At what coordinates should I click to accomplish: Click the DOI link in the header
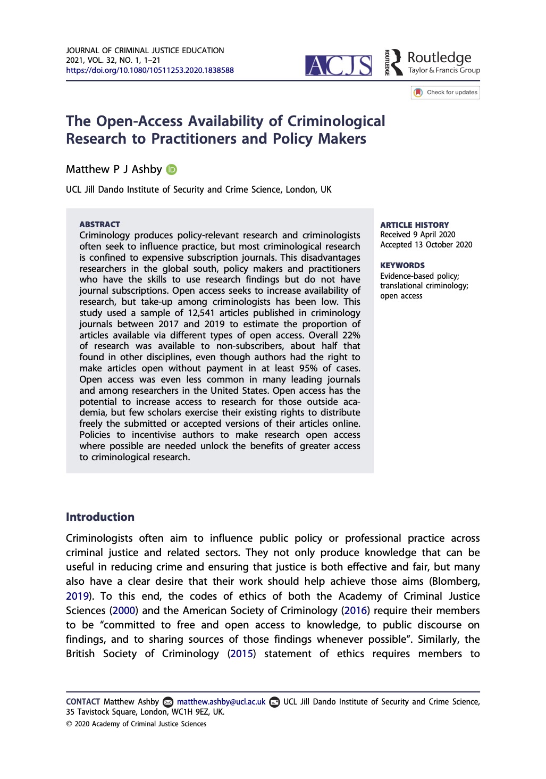click(x=150, y=70)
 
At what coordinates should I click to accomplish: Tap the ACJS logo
click(x=339, y=65)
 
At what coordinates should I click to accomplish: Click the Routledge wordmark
click(x=439, y=57)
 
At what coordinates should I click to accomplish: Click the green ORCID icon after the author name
click(x=171, y=170)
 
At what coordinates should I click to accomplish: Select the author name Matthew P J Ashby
click(x=114, y=169)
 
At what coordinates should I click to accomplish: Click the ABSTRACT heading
click(x=99, y=225)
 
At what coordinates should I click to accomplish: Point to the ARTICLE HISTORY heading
click(x=414, y=225)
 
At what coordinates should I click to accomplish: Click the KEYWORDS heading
click(x=402, y=266)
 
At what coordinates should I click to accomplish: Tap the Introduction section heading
click(x=100, y=517)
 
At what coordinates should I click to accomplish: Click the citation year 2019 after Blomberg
click(x=77, y=596)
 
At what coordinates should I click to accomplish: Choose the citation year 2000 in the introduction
click(x=124, y=610)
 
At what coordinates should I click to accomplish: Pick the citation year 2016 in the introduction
click(x=356, y=610)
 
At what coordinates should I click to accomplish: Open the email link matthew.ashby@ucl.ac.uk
click(x=221, y=702)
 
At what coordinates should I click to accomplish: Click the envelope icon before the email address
click(x=168, y=702)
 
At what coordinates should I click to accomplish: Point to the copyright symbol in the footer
click(x=69, y=724)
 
